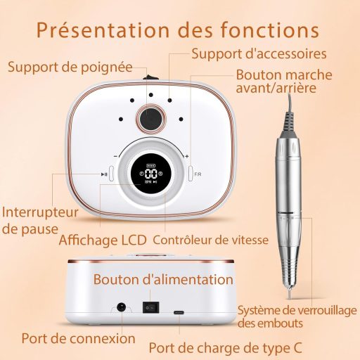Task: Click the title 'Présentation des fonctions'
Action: tap(178, 31)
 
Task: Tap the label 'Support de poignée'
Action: tap(70, 67)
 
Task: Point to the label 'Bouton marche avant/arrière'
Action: tap(278, 81)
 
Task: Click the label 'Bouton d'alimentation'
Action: tap(163, 279)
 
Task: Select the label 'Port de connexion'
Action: tap(69, 337)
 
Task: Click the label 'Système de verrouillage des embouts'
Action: tap(297, 316)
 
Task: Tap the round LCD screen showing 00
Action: tap(150, 175)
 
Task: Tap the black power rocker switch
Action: tap(149, 307)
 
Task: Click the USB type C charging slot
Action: tap(179, 309)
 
